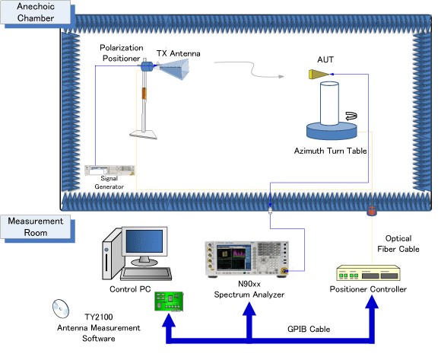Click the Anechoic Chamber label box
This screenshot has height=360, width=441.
[36, 12]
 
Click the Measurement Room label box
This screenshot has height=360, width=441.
[36, 227]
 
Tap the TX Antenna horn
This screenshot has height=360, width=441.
[173, 69]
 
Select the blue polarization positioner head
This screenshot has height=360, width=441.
[147, 66]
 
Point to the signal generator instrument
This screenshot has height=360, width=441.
[109, 170]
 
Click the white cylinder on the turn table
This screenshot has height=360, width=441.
[329, 104]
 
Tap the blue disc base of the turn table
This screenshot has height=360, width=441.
[332, 131]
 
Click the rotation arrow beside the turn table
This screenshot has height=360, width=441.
[351, 116]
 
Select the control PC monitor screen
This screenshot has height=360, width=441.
[144, 241]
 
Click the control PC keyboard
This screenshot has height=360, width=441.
[146, 273]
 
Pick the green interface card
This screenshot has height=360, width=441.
[169, 301]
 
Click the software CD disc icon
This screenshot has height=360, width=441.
[61, 308]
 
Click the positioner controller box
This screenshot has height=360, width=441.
[369, 272]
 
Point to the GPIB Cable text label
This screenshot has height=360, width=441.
[309, 329]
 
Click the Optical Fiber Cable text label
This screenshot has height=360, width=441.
[398, 244]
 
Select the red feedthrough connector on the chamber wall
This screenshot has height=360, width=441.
[372, 211]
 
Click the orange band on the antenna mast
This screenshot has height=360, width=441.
[144, 93]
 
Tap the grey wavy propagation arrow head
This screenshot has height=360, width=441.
[281, 76]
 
